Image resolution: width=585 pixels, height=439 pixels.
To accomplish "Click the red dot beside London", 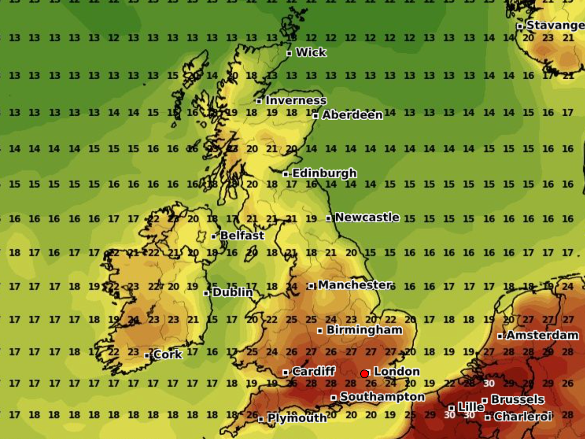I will (364, 374).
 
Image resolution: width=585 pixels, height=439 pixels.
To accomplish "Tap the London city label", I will (397, 372).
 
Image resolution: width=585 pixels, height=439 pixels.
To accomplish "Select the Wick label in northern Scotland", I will (311, 52).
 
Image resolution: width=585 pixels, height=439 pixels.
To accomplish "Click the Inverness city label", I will (296, 100).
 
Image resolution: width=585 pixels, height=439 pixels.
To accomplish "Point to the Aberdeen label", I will (352, 115).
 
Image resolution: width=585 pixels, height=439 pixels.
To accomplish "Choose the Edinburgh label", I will (324, 173).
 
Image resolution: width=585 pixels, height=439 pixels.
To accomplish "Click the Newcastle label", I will (367, 217).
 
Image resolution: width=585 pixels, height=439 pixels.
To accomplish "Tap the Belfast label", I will (242, 236).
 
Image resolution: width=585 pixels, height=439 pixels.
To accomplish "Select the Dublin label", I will (233, 292).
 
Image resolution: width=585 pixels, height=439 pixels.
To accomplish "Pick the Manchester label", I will (355, 285).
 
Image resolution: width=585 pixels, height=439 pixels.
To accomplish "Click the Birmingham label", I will (364, 330).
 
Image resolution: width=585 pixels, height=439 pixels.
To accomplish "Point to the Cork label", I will (168, 355).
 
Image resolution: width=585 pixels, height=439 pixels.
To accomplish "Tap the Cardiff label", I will (314, 372).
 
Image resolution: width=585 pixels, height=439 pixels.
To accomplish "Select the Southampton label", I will (382, 397).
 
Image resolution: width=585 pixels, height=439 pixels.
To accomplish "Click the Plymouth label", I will (297, 418).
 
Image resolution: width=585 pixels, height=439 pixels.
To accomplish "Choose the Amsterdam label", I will (542, 335).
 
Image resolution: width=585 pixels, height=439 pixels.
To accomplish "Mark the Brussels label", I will (517, 399).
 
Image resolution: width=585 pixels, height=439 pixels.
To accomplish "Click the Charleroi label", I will (523, 416).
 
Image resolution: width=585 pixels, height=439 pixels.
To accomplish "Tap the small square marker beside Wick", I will (289, 53).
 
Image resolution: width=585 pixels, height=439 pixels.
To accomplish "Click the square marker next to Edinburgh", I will (285, 174).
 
